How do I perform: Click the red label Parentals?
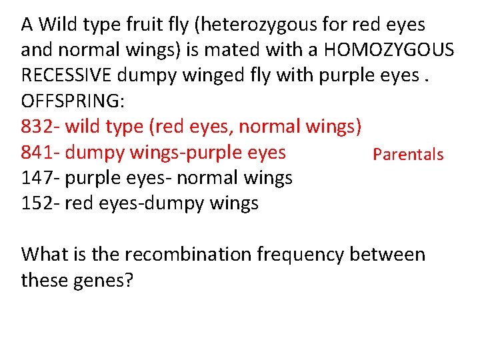point(408,155)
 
